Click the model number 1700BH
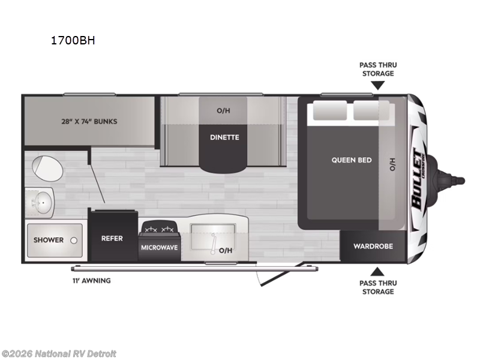[x=71, y=41]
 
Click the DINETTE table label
[x=224, y=137]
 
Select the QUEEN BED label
[x=352, y=160]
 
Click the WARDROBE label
[x=373, y=246]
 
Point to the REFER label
[x=112, y=238]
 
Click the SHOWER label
[x=49, y=240]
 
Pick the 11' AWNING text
[x=89, y=280]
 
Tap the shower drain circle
[x=73, y=239]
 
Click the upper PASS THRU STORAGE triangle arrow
[x=377, y=85]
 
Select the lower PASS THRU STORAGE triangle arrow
[x=377, y=271]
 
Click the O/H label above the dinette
[x=223, y=110]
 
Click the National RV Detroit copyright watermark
[x=59, y=353]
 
